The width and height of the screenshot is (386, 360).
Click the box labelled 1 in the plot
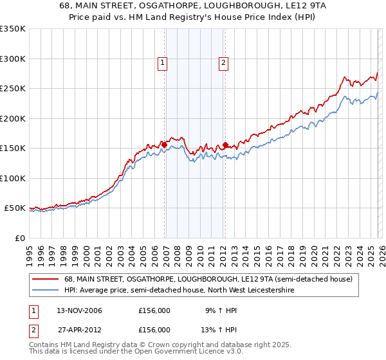pos(162,63)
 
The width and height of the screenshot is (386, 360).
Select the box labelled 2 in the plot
pos(223,63)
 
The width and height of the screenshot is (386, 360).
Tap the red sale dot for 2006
pos(164,145)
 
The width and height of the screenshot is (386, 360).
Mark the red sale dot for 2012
pos(226,145)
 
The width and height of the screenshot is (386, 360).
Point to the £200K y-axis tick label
pos(13,118)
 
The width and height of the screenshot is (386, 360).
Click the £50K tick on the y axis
pos(15,208)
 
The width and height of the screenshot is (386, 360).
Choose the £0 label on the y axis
pos(19,238)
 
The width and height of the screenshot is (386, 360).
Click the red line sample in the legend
pos(46,280)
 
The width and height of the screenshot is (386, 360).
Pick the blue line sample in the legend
pos(46,291)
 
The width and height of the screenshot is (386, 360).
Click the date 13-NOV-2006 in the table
pos(75,310)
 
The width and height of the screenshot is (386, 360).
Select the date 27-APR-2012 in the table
pos(74,329)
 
